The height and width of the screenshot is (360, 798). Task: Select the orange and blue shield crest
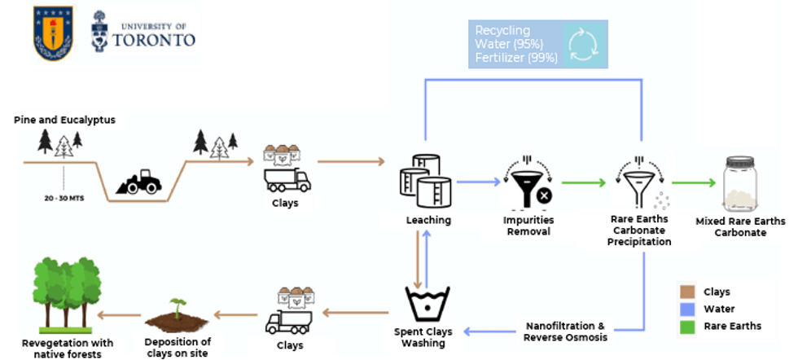tap(53, 33)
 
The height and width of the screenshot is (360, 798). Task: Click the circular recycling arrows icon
tap(582, 45)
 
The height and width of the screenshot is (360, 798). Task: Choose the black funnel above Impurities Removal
tap(533, 184)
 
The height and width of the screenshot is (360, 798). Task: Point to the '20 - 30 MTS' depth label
tap(64, 197)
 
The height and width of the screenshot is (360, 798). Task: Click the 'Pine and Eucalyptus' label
tap(64, 120)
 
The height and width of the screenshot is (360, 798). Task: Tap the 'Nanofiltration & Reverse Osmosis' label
tap(565, 331)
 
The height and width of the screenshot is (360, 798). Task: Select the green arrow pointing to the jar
tap(690, 183)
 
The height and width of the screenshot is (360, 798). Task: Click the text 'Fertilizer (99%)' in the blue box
tap(517, 58)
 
